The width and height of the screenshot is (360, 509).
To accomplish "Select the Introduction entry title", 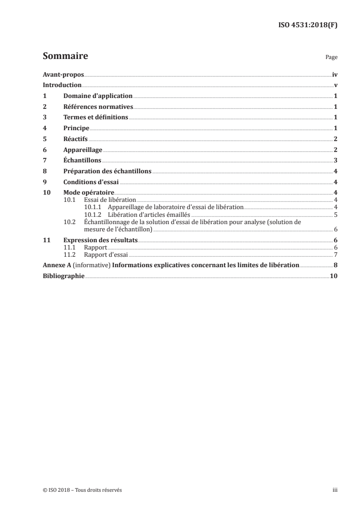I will coord(62,85).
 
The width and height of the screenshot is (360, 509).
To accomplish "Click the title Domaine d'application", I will coord(98,96).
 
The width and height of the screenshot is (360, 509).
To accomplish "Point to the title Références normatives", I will coord(98,107).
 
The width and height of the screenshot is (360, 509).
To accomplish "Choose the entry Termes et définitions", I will coord(96,117).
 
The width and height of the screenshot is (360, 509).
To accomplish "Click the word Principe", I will coord(76,128).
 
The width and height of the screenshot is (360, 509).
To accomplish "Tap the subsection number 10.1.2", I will coord(92,215).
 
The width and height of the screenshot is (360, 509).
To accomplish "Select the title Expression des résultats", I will coord(100,240).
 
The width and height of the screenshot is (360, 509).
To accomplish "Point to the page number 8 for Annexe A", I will coord(335,265).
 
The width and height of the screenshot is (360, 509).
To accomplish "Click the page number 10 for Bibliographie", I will coord(334,276).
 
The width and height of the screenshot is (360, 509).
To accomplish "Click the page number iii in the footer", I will coord(335,490).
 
